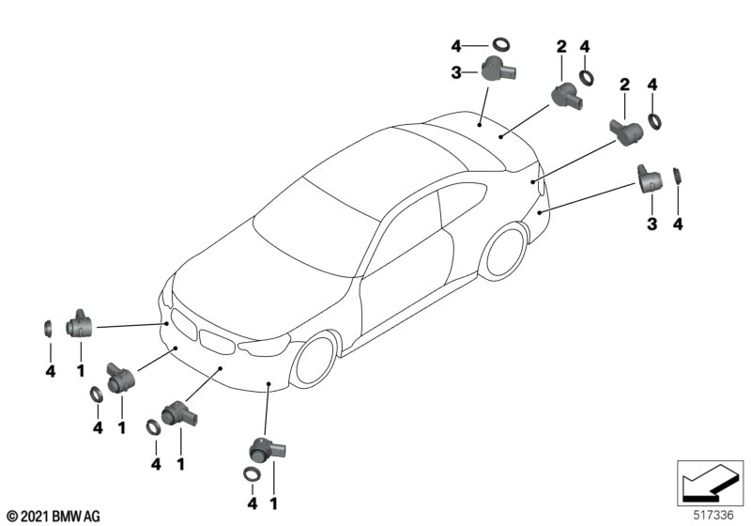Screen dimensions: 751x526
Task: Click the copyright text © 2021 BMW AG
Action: pos(53,516)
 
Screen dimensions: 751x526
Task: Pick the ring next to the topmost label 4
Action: pos(502,43)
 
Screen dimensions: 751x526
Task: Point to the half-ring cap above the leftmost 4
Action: pos(47,329)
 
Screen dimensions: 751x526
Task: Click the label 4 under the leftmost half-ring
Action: pos(49,372)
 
